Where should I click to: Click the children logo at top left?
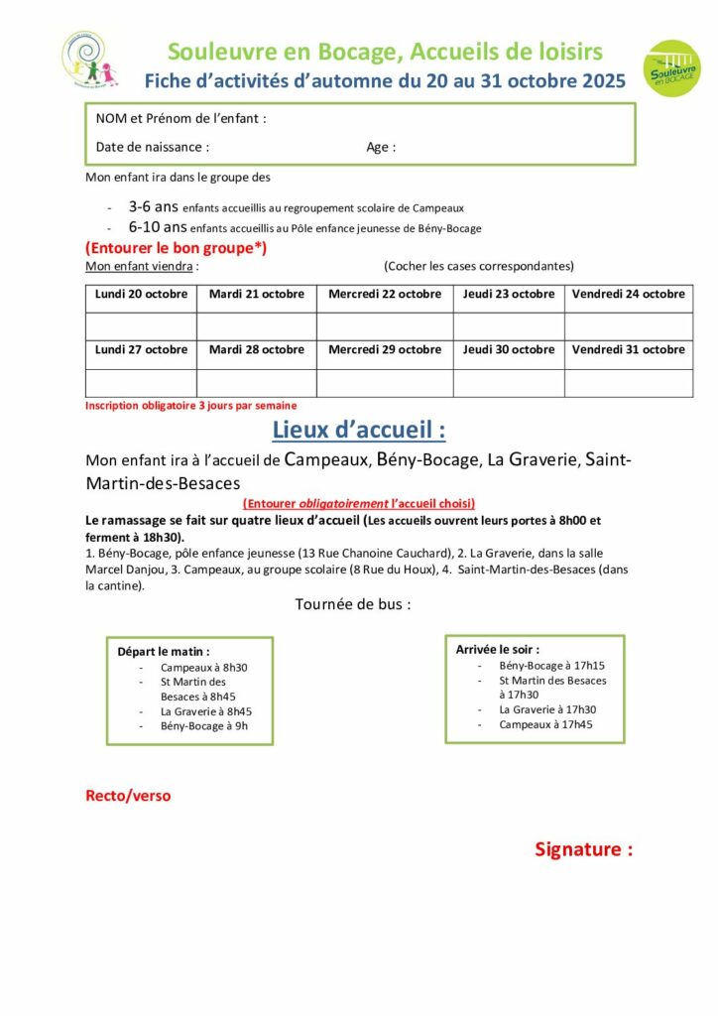[89, 61]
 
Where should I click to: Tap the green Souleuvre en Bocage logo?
[670, 68]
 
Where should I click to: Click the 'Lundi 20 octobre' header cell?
[141, 294]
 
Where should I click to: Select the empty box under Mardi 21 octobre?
[256, 325]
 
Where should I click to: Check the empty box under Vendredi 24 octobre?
[628, 325]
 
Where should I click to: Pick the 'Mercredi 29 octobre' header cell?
[385, 349]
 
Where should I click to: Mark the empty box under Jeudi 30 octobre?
[509, 382]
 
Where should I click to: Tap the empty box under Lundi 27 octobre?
[141, 382]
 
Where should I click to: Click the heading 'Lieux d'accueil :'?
[358, 431]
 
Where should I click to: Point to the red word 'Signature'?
[583, 849]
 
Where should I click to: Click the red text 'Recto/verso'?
[128, 796]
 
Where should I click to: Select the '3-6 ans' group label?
[153, 207]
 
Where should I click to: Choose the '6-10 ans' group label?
[157, 227]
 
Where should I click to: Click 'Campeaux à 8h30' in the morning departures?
[203, 667]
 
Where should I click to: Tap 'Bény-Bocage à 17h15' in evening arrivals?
[551, 666]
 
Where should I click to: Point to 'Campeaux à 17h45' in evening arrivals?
[545, 724]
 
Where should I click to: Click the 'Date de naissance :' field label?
[153, 147]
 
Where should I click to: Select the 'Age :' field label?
[381, 147]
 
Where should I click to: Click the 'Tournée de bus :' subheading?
[352, 604]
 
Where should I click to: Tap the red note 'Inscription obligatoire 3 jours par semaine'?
[190, 406]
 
